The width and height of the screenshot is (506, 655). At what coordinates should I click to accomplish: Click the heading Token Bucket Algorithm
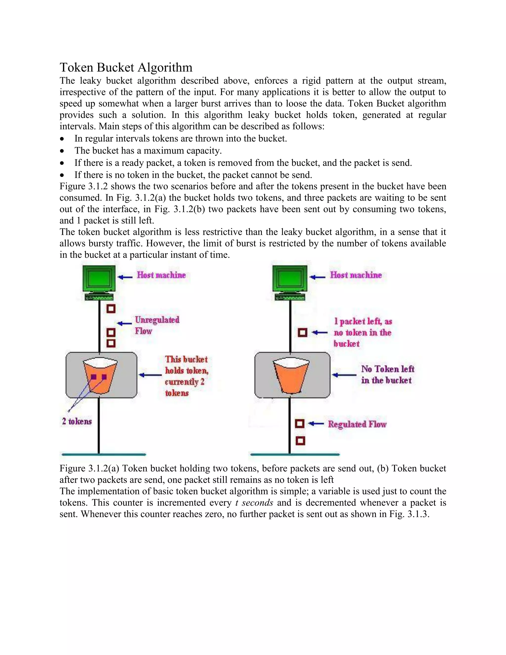(x=126, y=67)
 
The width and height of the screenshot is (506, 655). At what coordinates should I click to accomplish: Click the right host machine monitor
(x=290, y=279)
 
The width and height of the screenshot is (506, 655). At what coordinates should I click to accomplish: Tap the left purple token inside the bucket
(x=94, y=377)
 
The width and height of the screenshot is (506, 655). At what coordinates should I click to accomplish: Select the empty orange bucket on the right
(x=291, y=377)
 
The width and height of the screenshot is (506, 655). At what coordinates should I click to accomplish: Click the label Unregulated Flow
(x=157, y=325)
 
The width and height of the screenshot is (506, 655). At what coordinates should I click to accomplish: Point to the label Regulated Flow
(x=357, y=424)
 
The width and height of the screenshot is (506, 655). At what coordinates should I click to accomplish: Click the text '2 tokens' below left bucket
(x=77, y=421)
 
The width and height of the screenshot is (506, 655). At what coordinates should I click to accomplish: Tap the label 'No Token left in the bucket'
(x=387, y=374)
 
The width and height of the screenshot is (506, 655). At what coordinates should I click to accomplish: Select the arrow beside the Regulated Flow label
(x=316, y=423)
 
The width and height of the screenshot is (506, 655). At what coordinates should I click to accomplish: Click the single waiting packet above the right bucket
(x=302, y=332)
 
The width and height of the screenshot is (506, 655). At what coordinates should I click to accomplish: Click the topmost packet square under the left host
(x=111, y=309)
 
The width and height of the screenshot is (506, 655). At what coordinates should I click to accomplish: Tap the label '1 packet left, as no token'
(x=362, y=332)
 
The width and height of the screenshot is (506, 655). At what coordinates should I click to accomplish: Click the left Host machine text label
(x=161, y=275)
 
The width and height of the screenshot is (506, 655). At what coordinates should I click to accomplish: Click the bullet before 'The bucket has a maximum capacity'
(x=62, y=151)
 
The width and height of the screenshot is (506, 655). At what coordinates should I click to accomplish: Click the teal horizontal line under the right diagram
(x=295, y=455)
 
